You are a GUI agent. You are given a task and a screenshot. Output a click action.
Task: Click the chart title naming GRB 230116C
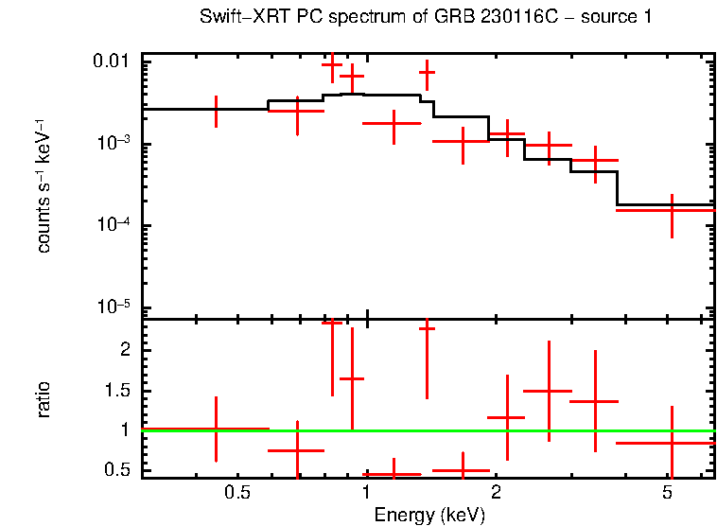(425, 18)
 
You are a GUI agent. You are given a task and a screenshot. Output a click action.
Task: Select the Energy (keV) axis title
(429, 515)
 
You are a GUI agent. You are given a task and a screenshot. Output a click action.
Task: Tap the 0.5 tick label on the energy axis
(237, 493)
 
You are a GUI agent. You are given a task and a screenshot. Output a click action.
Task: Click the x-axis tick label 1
(366, 493)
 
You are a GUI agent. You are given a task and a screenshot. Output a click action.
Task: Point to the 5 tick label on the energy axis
(667, 493)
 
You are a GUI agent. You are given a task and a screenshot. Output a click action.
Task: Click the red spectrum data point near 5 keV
(671, 210)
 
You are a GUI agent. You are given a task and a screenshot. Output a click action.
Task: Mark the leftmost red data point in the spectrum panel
(217, 110)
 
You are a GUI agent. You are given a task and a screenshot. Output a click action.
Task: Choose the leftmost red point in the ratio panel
(217, 429)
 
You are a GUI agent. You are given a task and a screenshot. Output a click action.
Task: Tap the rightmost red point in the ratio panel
(671, 442)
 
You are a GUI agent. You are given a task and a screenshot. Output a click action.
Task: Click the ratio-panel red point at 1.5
(549, 390)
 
